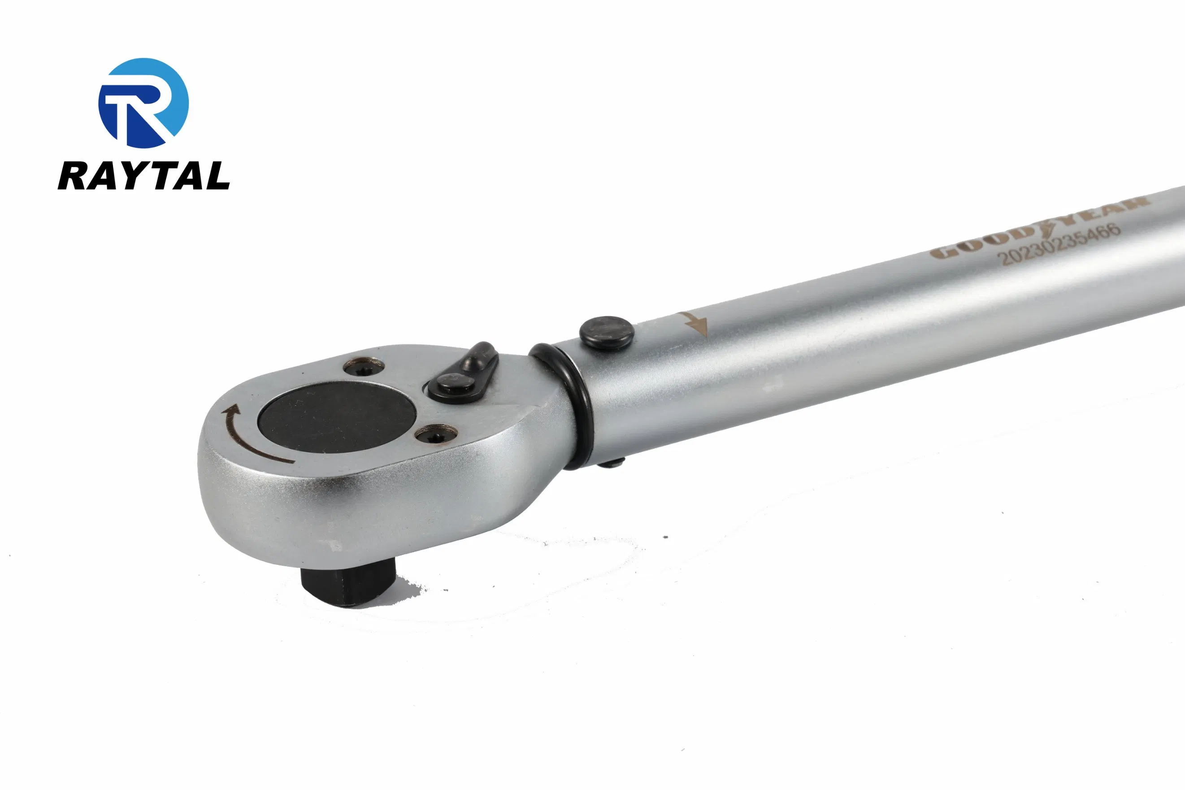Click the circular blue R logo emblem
click(x=143, y=103)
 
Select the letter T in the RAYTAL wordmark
click(x=164, y=175)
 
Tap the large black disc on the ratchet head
click(x=337, y=417)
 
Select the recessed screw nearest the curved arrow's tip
click(x=363, y=367)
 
